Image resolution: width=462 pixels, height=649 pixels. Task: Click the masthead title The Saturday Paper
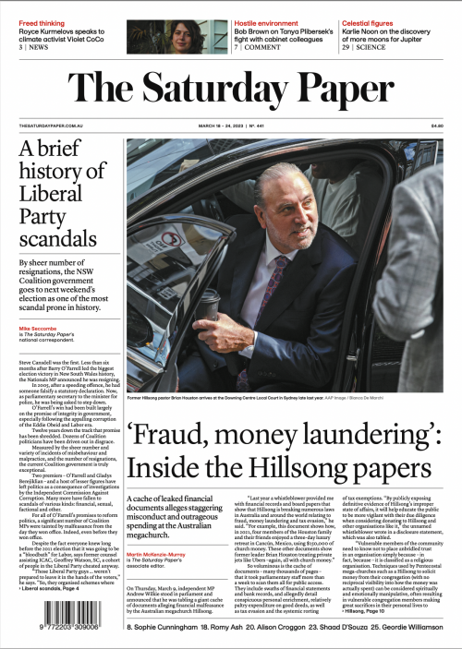click(x=230, y=89)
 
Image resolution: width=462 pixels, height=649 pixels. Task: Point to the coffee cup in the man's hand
click(x=210, y=305)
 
